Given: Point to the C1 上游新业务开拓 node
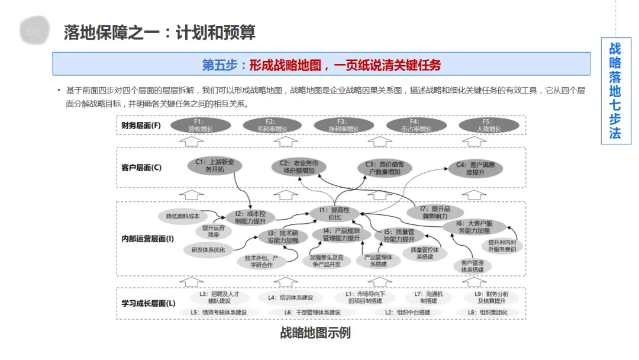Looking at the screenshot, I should [x=214, y=165].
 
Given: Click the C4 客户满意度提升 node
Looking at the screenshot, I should [x=475, y=168].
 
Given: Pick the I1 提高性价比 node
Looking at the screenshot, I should [x=335, y=213].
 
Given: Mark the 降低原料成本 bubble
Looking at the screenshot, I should [x=182, y=216].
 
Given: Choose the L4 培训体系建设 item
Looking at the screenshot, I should [x=286, y=297].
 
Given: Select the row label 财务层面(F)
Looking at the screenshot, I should [x=141, y=125].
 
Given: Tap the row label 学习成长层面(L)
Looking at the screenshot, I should [x=148, y=303].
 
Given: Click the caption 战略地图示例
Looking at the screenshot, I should [x=315, y=333].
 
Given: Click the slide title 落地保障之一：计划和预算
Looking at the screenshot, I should [x=160, y=32].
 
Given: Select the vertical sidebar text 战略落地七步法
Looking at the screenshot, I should [x=615, y=91].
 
